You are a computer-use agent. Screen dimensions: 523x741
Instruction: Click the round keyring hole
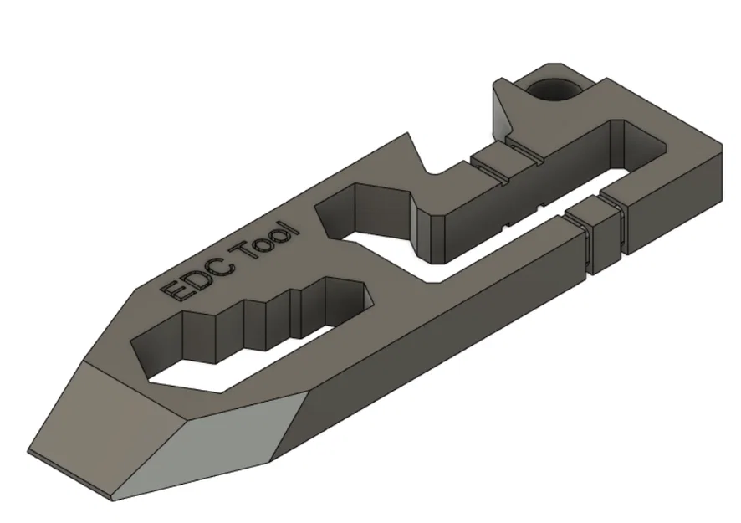[x=554, y=88]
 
